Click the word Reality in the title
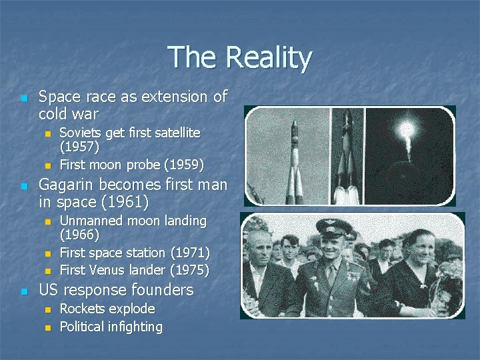268,59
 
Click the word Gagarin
69,185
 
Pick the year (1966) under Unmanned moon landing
80,235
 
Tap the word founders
162,290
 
